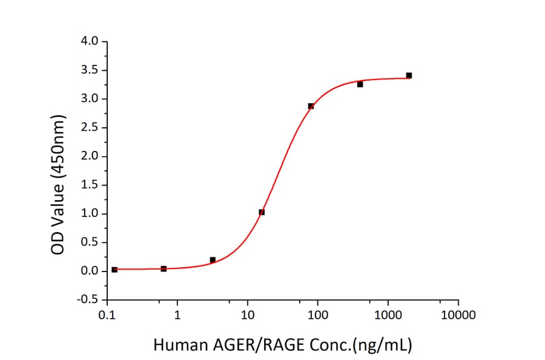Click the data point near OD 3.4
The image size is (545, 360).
409,75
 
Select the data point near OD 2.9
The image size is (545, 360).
311,106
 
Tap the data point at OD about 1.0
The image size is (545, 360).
262,212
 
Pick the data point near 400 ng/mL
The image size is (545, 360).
360,84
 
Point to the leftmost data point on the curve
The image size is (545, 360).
114,269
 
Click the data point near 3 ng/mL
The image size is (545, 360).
213,260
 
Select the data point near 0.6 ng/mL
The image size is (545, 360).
163,268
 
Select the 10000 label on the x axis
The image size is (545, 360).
458,315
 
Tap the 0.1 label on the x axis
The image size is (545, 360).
107,315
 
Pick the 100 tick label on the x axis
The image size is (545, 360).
317,315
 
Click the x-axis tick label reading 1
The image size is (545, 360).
177,315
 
